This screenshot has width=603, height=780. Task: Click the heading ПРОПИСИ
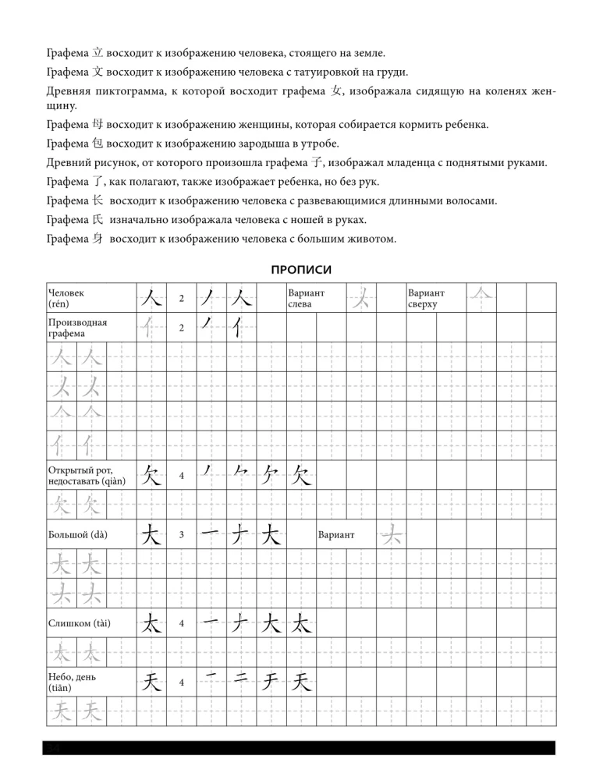(301, 270)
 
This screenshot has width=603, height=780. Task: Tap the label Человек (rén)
(66, 297)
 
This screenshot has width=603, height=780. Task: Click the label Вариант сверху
(426, 297)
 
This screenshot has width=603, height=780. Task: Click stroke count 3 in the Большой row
(181, 535)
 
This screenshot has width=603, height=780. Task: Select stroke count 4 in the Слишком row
(181, 624)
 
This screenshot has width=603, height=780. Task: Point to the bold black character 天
(151, 682)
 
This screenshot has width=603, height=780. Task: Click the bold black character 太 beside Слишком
(151, 623)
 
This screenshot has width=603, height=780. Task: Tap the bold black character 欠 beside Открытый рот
(151, 474)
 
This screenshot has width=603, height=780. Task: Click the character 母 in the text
(98, 124)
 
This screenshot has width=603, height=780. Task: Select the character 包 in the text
(98, 144)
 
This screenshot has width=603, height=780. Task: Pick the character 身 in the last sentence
(98, 239)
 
